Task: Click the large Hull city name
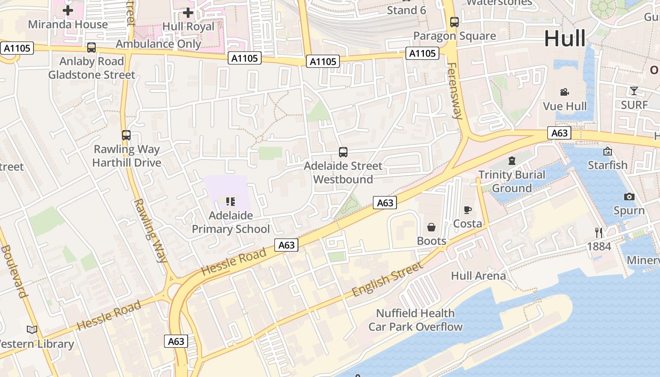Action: coord(565,39)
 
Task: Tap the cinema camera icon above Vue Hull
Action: coord(564,92)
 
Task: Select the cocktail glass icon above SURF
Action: coord(634,90)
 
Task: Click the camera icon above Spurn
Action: coord(629,197)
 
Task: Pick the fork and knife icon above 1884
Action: coord(599,232)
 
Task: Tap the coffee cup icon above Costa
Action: coord(468,210)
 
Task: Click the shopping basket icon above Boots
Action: coord(431,228)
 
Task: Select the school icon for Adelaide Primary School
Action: coord(231,202)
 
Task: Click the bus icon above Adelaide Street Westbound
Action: coord(343,152)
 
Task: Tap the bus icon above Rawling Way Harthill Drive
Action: coord(126,135)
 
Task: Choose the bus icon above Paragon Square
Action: coord(454,22)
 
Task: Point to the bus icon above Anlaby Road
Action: coord(91,48)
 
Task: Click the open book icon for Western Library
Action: coord(32,329)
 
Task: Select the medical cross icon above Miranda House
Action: coord(68,10)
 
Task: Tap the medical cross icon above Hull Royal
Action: coord(188,12)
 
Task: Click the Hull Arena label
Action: coord(478,276)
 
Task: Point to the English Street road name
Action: coord(388,279)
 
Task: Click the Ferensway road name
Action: coord(455,90)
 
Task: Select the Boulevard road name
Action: coord(13,271)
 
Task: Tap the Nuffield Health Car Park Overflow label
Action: coord(415,320)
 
